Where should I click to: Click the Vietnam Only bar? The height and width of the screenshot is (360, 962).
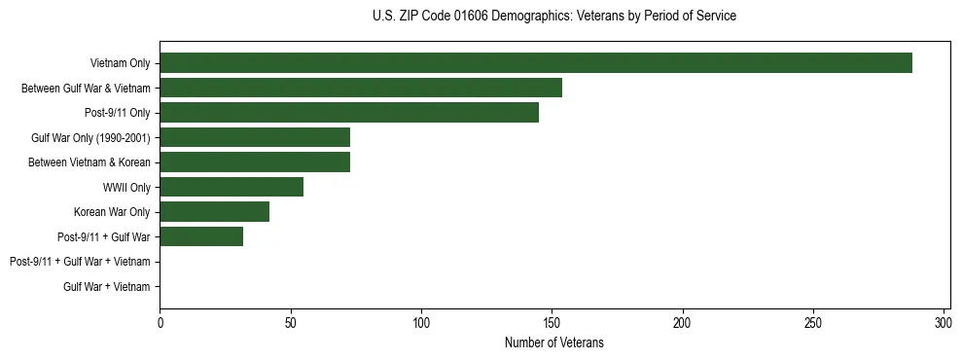pos(535,63)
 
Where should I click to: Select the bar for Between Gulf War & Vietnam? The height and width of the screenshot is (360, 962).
pos(360,88)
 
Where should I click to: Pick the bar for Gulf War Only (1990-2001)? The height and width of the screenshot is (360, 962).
pos(254,137)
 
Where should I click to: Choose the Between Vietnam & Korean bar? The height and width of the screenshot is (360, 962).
pos(254,162)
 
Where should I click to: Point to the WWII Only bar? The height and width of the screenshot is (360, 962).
pos(231,187)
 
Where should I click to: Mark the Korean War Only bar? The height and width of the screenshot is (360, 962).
pos(214,212)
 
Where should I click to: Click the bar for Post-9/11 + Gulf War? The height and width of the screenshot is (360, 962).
pos(200,236)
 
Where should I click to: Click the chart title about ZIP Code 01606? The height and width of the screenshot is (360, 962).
pos(554,16)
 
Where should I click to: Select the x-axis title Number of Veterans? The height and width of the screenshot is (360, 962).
pos(554,342)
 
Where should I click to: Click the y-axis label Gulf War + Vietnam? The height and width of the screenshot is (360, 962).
pos(107,286)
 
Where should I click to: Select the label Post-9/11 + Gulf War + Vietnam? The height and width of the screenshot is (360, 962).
pos(80,262)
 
